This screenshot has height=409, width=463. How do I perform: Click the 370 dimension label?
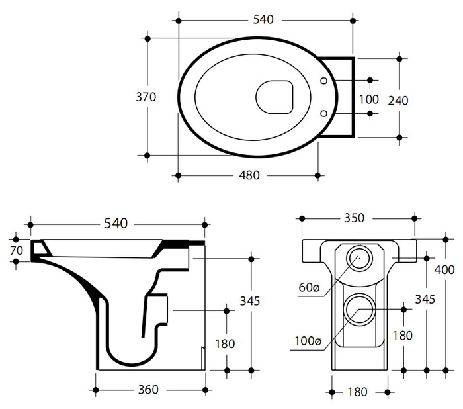pyautogui.click(x=146, y=97)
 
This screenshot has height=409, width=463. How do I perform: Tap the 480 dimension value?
pyautogui.click(x=249, y=175)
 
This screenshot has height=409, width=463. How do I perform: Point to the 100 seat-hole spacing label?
pyautogui.click(x=368, y=100)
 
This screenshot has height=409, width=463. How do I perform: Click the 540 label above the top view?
pyautogui.click(x=263, y=20)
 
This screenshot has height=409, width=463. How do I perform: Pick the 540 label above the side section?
pyautogui.click(x=116, y=224)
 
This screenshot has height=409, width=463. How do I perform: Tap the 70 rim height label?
pyautogui.click(x=17, y=250)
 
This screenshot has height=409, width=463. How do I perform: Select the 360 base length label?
pyautogui.click(x=148, y=390)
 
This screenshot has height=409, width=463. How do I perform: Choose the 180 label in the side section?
pyautogui.click(x=226, y=344)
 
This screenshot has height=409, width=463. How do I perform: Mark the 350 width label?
pyautogui.click(x=355, y=218)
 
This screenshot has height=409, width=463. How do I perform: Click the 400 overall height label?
pyautogui.click(x=445, y=269)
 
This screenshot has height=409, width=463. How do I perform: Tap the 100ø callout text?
pyautogui.click(x=308, y=341)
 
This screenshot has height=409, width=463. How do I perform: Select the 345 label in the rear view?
pyautogui.click(x=425, y=300)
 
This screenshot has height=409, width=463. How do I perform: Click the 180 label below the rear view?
pyautogui.click(x=356, y=392)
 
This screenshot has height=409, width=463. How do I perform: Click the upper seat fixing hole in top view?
pyautogui.click(x=323, y=81)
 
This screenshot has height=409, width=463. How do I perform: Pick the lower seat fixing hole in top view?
pyautogui.click(x=323, y=113)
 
